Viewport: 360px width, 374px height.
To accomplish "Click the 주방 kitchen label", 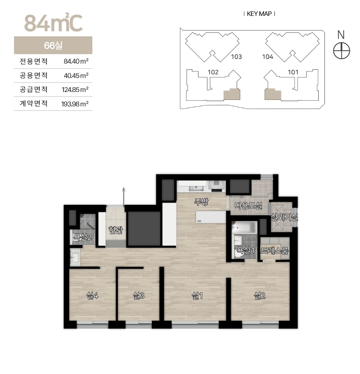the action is pos(201,202).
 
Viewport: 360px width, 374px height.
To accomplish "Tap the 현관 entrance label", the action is pos(116,230).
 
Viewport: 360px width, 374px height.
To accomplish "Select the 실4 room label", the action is pos(92,296).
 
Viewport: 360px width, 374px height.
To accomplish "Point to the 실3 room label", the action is pos(139,296).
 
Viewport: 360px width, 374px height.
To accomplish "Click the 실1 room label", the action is pos(197,296).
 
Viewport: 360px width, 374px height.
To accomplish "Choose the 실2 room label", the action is pos(260,296).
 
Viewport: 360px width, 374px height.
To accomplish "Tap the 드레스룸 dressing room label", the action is pos(274,251).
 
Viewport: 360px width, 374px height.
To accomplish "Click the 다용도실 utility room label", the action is pos(249,206).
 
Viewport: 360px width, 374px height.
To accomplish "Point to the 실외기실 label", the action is pos(284,217).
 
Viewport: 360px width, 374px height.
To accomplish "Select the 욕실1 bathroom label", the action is pos(245,250).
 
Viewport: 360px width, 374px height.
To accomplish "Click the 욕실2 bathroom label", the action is pos(83,237).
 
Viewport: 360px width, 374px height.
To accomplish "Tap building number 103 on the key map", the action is pos(237,57).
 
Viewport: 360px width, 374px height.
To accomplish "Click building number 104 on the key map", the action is pos(267,57).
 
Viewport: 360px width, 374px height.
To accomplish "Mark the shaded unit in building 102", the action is pos(232,94).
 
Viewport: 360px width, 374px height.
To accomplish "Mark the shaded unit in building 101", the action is pos(273,94).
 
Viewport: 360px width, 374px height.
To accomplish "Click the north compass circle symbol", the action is pos(341,51).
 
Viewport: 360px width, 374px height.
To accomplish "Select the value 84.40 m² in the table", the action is pos(76,61).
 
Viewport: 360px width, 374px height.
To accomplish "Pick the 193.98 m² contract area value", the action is pos(75,104).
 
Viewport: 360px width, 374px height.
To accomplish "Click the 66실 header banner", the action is pos(53,45).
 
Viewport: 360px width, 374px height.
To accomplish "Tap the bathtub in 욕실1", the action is pos(245,228).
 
